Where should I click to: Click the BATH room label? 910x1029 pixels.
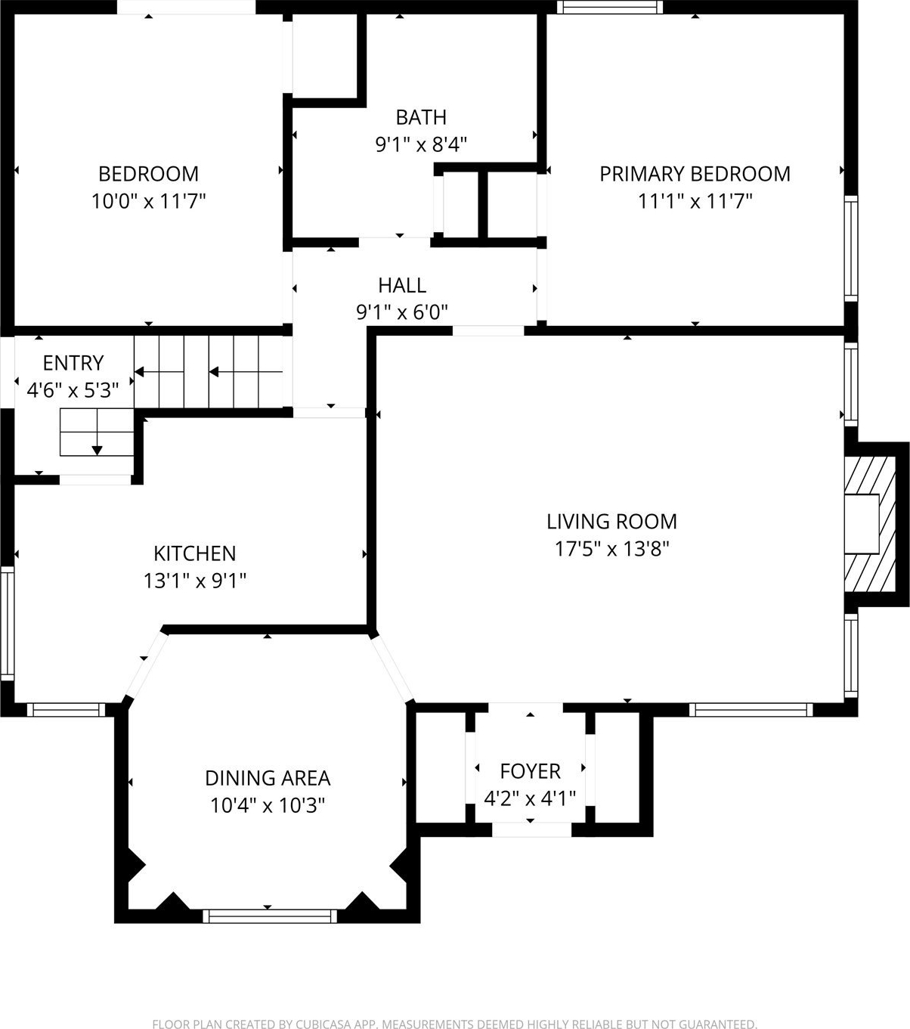(421, 117)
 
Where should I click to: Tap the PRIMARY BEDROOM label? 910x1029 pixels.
(695, 174)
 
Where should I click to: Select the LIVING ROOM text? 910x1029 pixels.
(612, 522)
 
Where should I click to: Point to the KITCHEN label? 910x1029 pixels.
(195, 553)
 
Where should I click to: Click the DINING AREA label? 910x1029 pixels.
(268, 778)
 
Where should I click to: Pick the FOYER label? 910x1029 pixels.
(530, 771)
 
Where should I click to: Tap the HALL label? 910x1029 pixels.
(402, 286)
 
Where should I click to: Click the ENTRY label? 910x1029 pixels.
(73, 363)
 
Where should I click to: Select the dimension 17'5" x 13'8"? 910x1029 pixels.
(612, 549)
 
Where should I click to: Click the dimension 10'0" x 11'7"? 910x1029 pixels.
(148, 201)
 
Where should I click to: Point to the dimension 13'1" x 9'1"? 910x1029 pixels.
(195, 581)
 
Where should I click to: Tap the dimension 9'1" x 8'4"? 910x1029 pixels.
(421, 144)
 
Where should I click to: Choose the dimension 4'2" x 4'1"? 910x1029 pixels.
(530, 799)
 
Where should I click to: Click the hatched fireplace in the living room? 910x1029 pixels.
(869, 524)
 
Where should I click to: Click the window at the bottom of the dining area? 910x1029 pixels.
(270, 916)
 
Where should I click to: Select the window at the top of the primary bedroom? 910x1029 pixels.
(609, 7)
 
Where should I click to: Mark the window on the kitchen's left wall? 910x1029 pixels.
(7, 624)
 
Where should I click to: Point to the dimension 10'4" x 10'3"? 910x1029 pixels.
(268, 805)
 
